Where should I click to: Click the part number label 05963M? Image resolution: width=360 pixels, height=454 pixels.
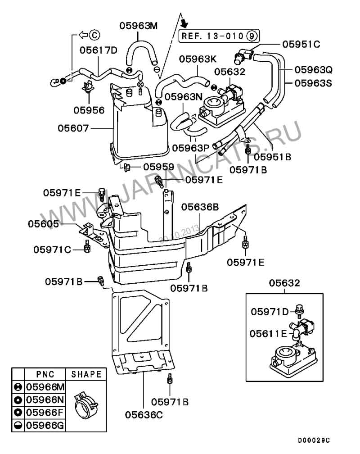(138, 26)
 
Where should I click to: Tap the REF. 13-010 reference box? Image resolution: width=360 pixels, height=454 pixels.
(219, 36)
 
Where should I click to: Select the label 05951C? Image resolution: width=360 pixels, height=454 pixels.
(301, 44)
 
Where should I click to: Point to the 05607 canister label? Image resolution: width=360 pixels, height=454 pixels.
(73, 128)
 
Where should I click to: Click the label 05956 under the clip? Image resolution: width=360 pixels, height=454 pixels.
(89, 110)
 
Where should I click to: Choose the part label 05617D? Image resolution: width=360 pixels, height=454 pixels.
(99, 50)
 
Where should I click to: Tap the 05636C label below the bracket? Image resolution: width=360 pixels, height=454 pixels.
(144, 415)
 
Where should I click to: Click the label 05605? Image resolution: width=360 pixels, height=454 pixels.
(43, 224)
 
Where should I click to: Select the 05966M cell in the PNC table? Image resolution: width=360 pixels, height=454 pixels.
(45, 387)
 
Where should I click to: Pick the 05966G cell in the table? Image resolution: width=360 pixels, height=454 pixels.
(45, 425)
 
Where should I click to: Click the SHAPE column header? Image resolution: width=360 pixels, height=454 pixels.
(86, 374)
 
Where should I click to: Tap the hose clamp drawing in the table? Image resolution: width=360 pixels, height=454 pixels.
(86, 405)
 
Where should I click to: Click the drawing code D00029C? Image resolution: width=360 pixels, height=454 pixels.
(314, 440)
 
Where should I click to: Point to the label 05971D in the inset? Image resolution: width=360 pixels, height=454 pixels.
(270, 312)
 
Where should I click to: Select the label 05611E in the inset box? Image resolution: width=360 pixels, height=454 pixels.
(268, 334)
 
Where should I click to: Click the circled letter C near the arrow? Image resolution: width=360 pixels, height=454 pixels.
(94, 35)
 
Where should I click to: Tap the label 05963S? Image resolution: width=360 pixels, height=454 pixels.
(313, 83)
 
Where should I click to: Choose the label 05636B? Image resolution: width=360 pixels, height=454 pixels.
(200, 207)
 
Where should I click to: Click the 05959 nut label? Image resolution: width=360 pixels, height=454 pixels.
(159, 167)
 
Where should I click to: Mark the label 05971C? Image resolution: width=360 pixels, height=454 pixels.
(52, 250)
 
